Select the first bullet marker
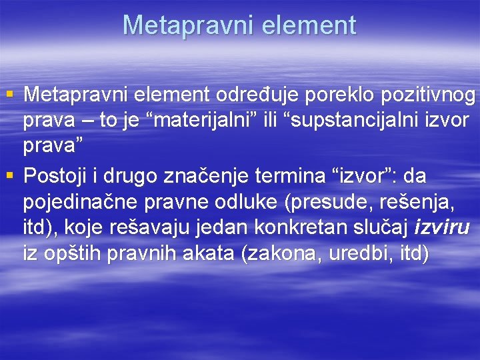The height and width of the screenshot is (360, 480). click(x=9, y=96)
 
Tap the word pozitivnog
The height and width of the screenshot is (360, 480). click(x=427, y=96)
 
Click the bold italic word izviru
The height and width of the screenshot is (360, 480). click(x=442, y=228)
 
